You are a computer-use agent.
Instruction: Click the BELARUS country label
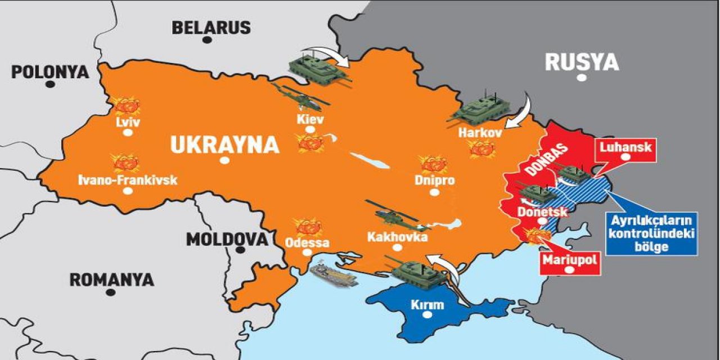coord(211,27)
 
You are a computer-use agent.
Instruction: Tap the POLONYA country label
coord(50,72)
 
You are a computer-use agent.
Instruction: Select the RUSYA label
coord(582,62)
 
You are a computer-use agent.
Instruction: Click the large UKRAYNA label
coord(224,145)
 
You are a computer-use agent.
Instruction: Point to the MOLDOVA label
coord(227,239)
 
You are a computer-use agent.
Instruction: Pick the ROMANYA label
coord(111,280)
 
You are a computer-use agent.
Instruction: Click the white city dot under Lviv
coord(128,133)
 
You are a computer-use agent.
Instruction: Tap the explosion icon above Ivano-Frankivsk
coord(125,162)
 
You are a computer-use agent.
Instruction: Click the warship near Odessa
coord(334,274)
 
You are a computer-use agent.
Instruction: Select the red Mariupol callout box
coord(569,263)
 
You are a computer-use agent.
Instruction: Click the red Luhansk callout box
coord(625,151)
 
